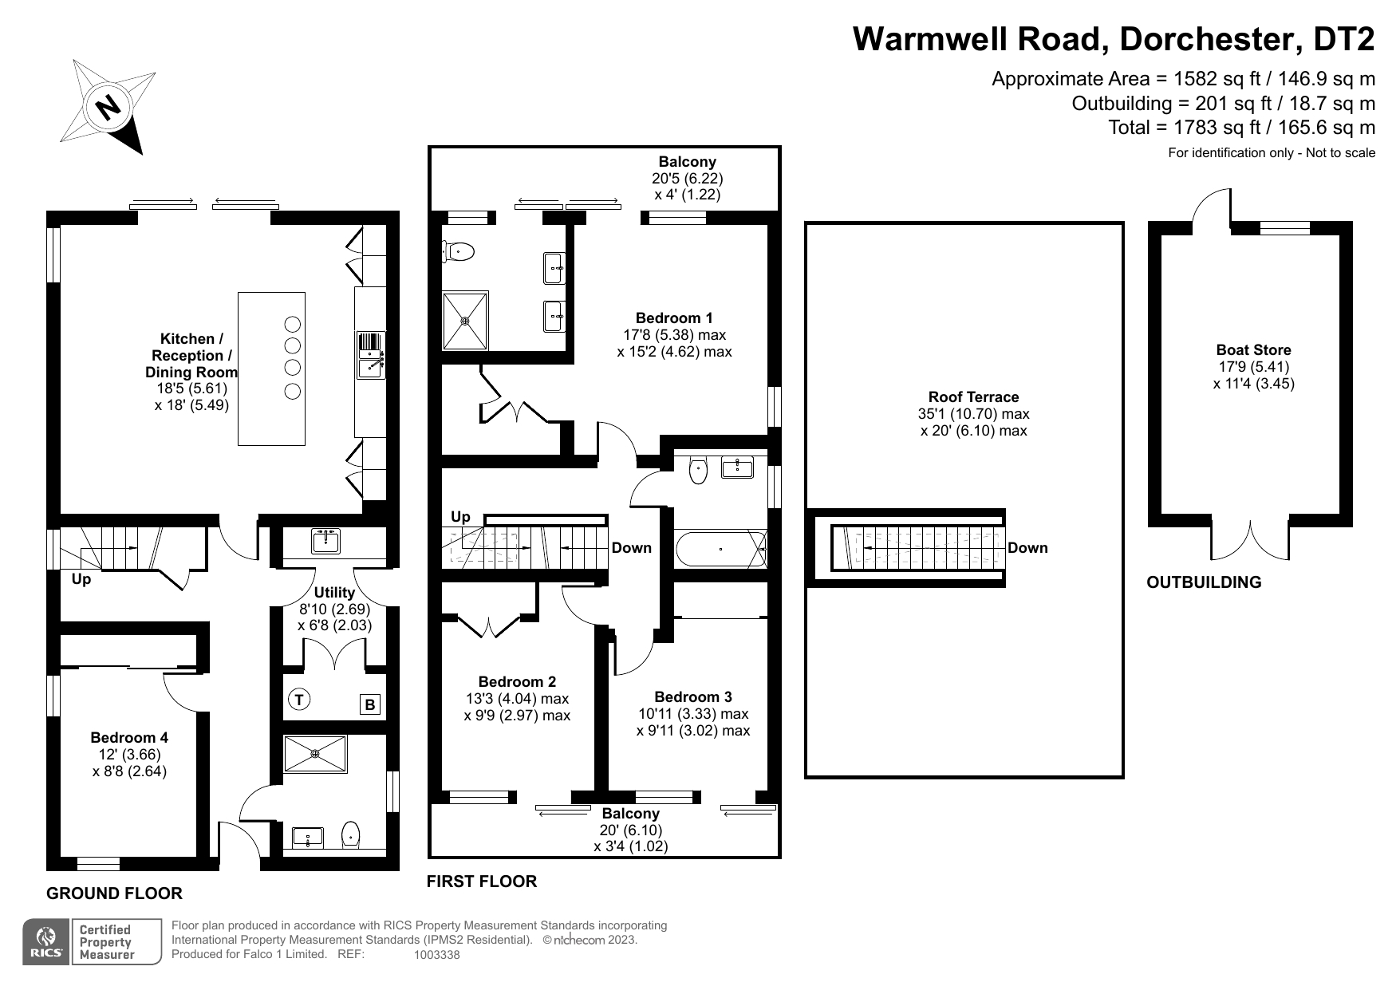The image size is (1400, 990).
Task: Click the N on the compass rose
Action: [x=108, y=106]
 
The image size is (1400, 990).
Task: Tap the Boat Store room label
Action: [x=1253, y=350]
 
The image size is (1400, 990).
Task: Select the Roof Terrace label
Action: [x=973, y=397]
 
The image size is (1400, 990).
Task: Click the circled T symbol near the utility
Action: [x=298, y=700]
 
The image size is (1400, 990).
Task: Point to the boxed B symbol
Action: [x=370, y=704]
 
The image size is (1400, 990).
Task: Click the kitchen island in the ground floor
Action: [x=271, y=369]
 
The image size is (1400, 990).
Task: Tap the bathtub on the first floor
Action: [x=721, y=549]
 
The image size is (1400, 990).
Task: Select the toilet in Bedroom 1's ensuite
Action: [x=459, y=252]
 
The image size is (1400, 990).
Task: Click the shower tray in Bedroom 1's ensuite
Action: [x=465, y=321]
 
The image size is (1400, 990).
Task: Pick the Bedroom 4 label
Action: [x=129, y=738]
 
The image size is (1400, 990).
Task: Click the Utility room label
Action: [x=334, y=593]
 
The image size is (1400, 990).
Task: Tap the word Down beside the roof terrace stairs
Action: [x=1027, y=548]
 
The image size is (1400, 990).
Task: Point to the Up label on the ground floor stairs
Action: [x=81, y=580]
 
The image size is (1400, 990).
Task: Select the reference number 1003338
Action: [x=437, y=955]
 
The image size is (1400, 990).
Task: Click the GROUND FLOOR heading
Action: [x=114, y=893]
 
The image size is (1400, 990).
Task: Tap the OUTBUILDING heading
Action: [x=1204, y=582]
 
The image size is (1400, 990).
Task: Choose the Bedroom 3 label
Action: [x=692, y=697]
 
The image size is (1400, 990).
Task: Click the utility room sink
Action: [x=325, y=541]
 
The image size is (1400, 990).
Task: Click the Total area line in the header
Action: [x=1242, y=128]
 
